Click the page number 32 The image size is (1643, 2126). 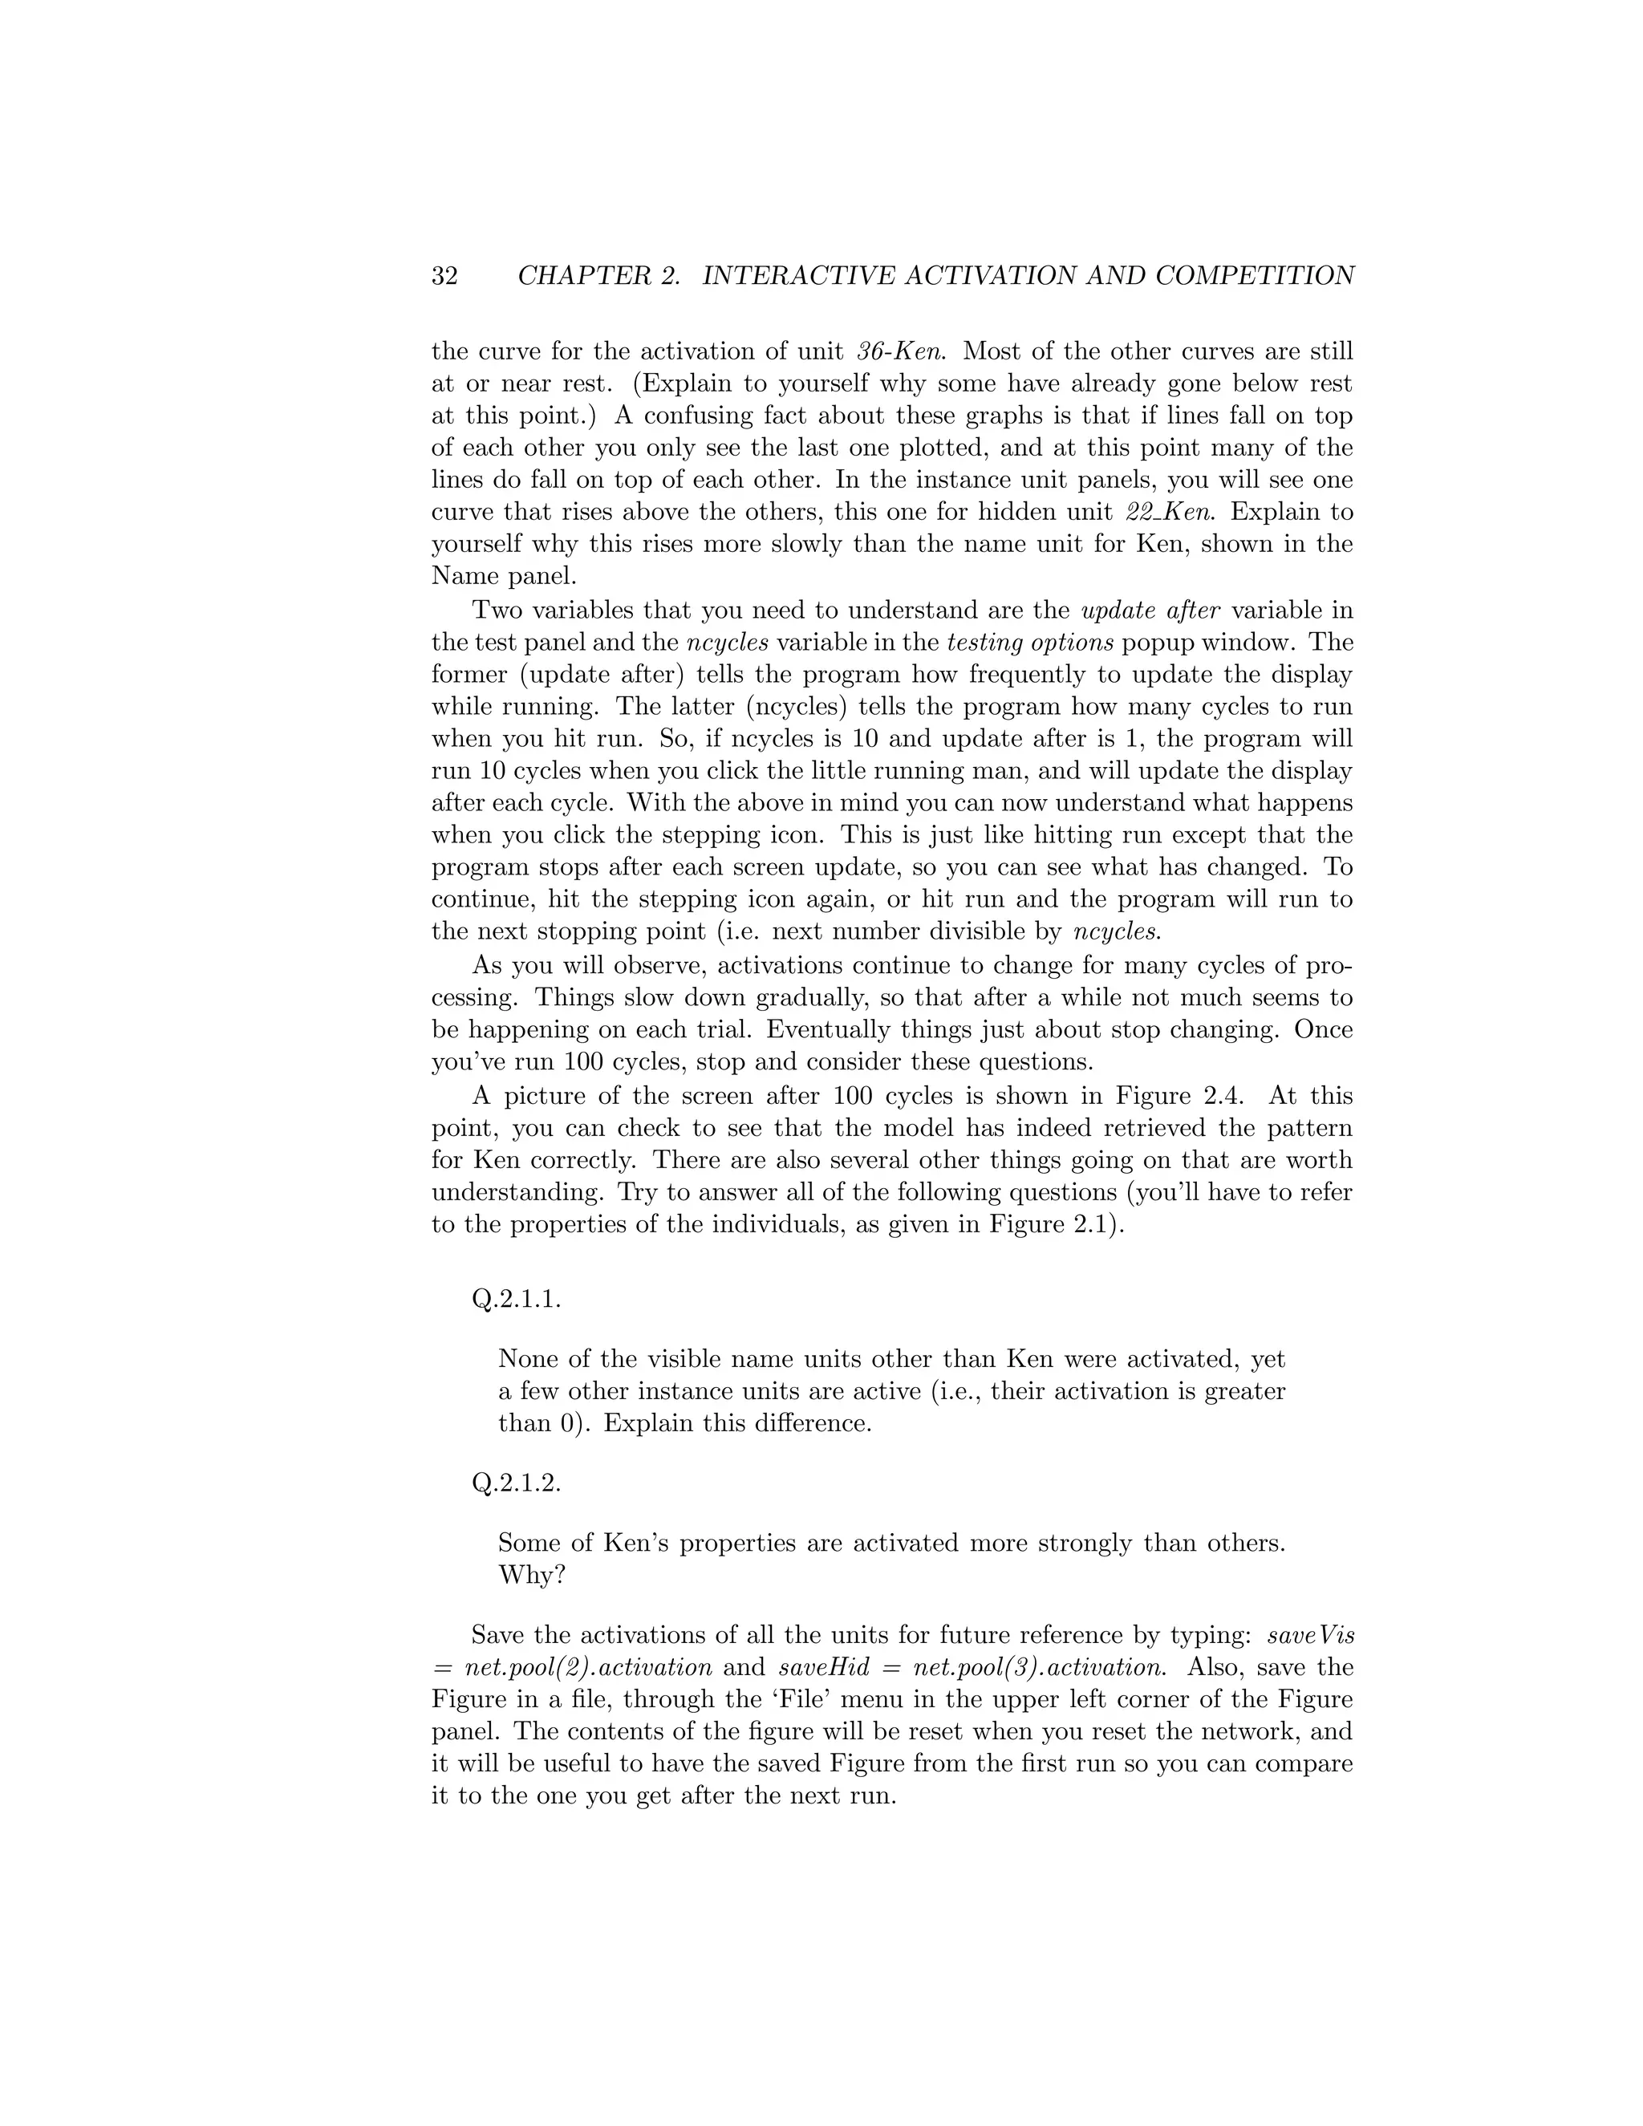tap(444, 277)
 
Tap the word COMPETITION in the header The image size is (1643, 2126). tap(1255, 277)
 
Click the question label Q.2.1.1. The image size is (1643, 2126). tap(516, 1300)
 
